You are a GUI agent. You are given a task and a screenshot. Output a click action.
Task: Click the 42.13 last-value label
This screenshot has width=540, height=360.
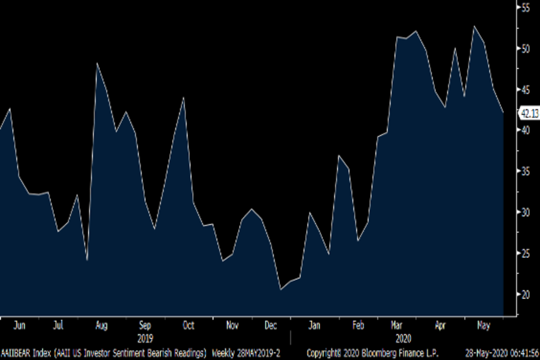529,114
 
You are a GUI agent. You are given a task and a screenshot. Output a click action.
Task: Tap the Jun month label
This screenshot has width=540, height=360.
19,325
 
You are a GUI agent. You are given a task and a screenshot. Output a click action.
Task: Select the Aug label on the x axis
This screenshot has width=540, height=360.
101,325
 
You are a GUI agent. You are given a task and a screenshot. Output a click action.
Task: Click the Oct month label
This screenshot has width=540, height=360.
189,325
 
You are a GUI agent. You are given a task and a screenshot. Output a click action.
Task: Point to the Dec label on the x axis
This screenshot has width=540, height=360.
271,325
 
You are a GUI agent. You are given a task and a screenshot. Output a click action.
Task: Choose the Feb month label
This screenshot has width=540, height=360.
358,325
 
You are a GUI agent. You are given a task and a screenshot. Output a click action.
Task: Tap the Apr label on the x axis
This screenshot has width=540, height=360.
441,325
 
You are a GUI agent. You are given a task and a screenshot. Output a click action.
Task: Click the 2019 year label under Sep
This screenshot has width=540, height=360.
145,338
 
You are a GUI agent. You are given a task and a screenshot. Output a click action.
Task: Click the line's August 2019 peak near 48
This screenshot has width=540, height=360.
97,63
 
